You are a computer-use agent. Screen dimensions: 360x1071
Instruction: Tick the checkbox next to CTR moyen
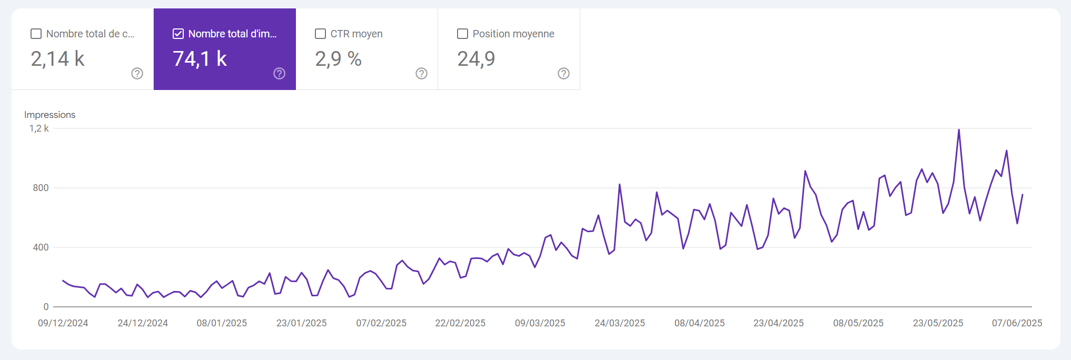(x=320, y=34)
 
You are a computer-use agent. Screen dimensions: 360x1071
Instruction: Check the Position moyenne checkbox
(x=462, y=34)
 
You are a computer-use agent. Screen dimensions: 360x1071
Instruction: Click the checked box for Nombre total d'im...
(x=178, y=34)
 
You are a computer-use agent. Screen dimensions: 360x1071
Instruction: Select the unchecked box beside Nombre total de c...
(x=36, y=34)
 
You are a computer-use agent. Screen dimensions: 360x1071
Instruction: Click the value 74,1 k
(x=200, y=59)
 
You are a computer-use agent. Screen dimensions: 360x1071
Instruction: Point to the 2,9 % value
(x=338, y=59)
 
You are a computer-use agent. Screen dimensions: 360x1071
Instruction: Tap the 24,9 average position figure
(x=476, y=59)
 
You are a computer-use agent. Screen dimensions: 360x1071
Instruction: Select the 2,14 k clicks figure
(x=57, y=59)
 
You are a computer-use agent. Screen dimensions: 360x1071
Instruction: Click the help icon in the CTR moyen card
(x=421, y=74)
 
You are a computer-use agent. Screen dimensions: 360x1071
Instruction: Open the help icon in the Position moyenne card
(x=563, y=74)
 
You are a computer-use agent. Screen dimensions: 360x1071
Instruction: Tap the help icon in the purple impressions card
(x=279, y=74)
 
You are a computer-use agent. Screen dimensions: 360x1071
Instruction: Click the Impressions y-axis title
(x=49, y=115)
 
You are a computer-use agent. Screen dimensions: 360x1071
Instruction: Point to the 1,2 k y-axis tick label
(x=39, y=128)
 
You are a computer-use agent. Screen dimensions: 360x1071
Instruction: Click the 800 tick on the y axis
(x=41, y=188)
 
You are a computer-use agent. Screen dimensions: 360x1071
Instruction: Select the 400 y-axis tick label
(x=41, y=247)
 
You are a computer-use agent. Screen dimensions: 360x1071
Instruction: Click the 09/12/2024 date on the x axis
(x=63, y=323)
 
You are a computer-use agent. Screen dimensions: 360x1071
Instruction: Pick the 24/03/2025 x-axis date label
(x=619, y=323)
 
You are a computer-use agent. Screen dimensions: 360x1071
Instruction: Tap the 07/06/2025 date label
(x=1017, y=323)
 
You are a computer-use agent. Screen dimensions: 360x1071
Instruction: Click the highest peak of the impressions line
(x=958, y=130)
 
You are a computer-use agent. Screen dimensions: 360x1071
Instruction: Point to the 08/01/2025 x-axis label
(x=222, y=323)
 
